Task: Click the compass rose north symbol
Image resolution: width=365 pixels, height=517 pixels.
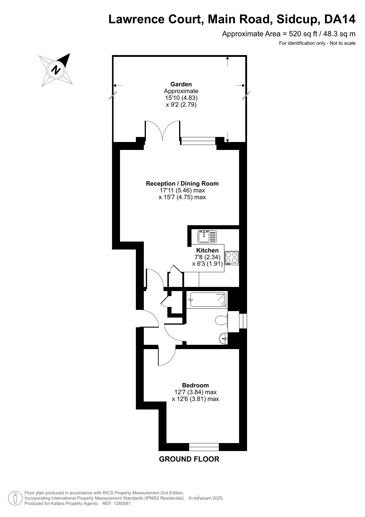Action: point(56,70)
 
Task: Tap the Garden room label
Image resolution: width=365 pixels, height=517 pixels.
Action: point(181,84)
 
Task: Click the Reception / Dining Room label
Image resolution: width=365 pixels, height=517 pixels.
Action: point(182,184)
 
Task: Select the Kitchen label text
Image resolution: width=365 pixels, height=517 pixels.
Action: point(207,250)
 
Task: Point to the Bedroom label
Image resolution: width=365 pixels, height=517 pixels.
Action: point(196,385)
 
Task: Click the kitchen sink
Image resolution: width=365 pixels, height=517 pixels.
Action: point(207,236)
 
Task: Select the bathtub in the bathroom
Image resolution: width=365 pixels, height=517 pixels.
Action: point(207,300)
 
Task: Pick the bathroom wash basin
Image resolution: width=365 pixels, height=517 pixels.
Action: point(224,338)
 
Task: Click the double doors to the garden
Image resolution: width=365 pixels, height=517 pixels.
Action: point(162,131)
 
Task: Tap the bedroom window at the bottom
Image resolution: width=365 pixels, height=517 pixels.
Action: point(204,447)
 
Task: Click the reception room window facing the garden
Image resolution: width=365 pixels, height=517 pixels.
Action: point(198,141)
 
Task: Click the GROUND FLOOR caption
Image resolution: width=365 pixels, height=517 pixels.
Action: point(189,459)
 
